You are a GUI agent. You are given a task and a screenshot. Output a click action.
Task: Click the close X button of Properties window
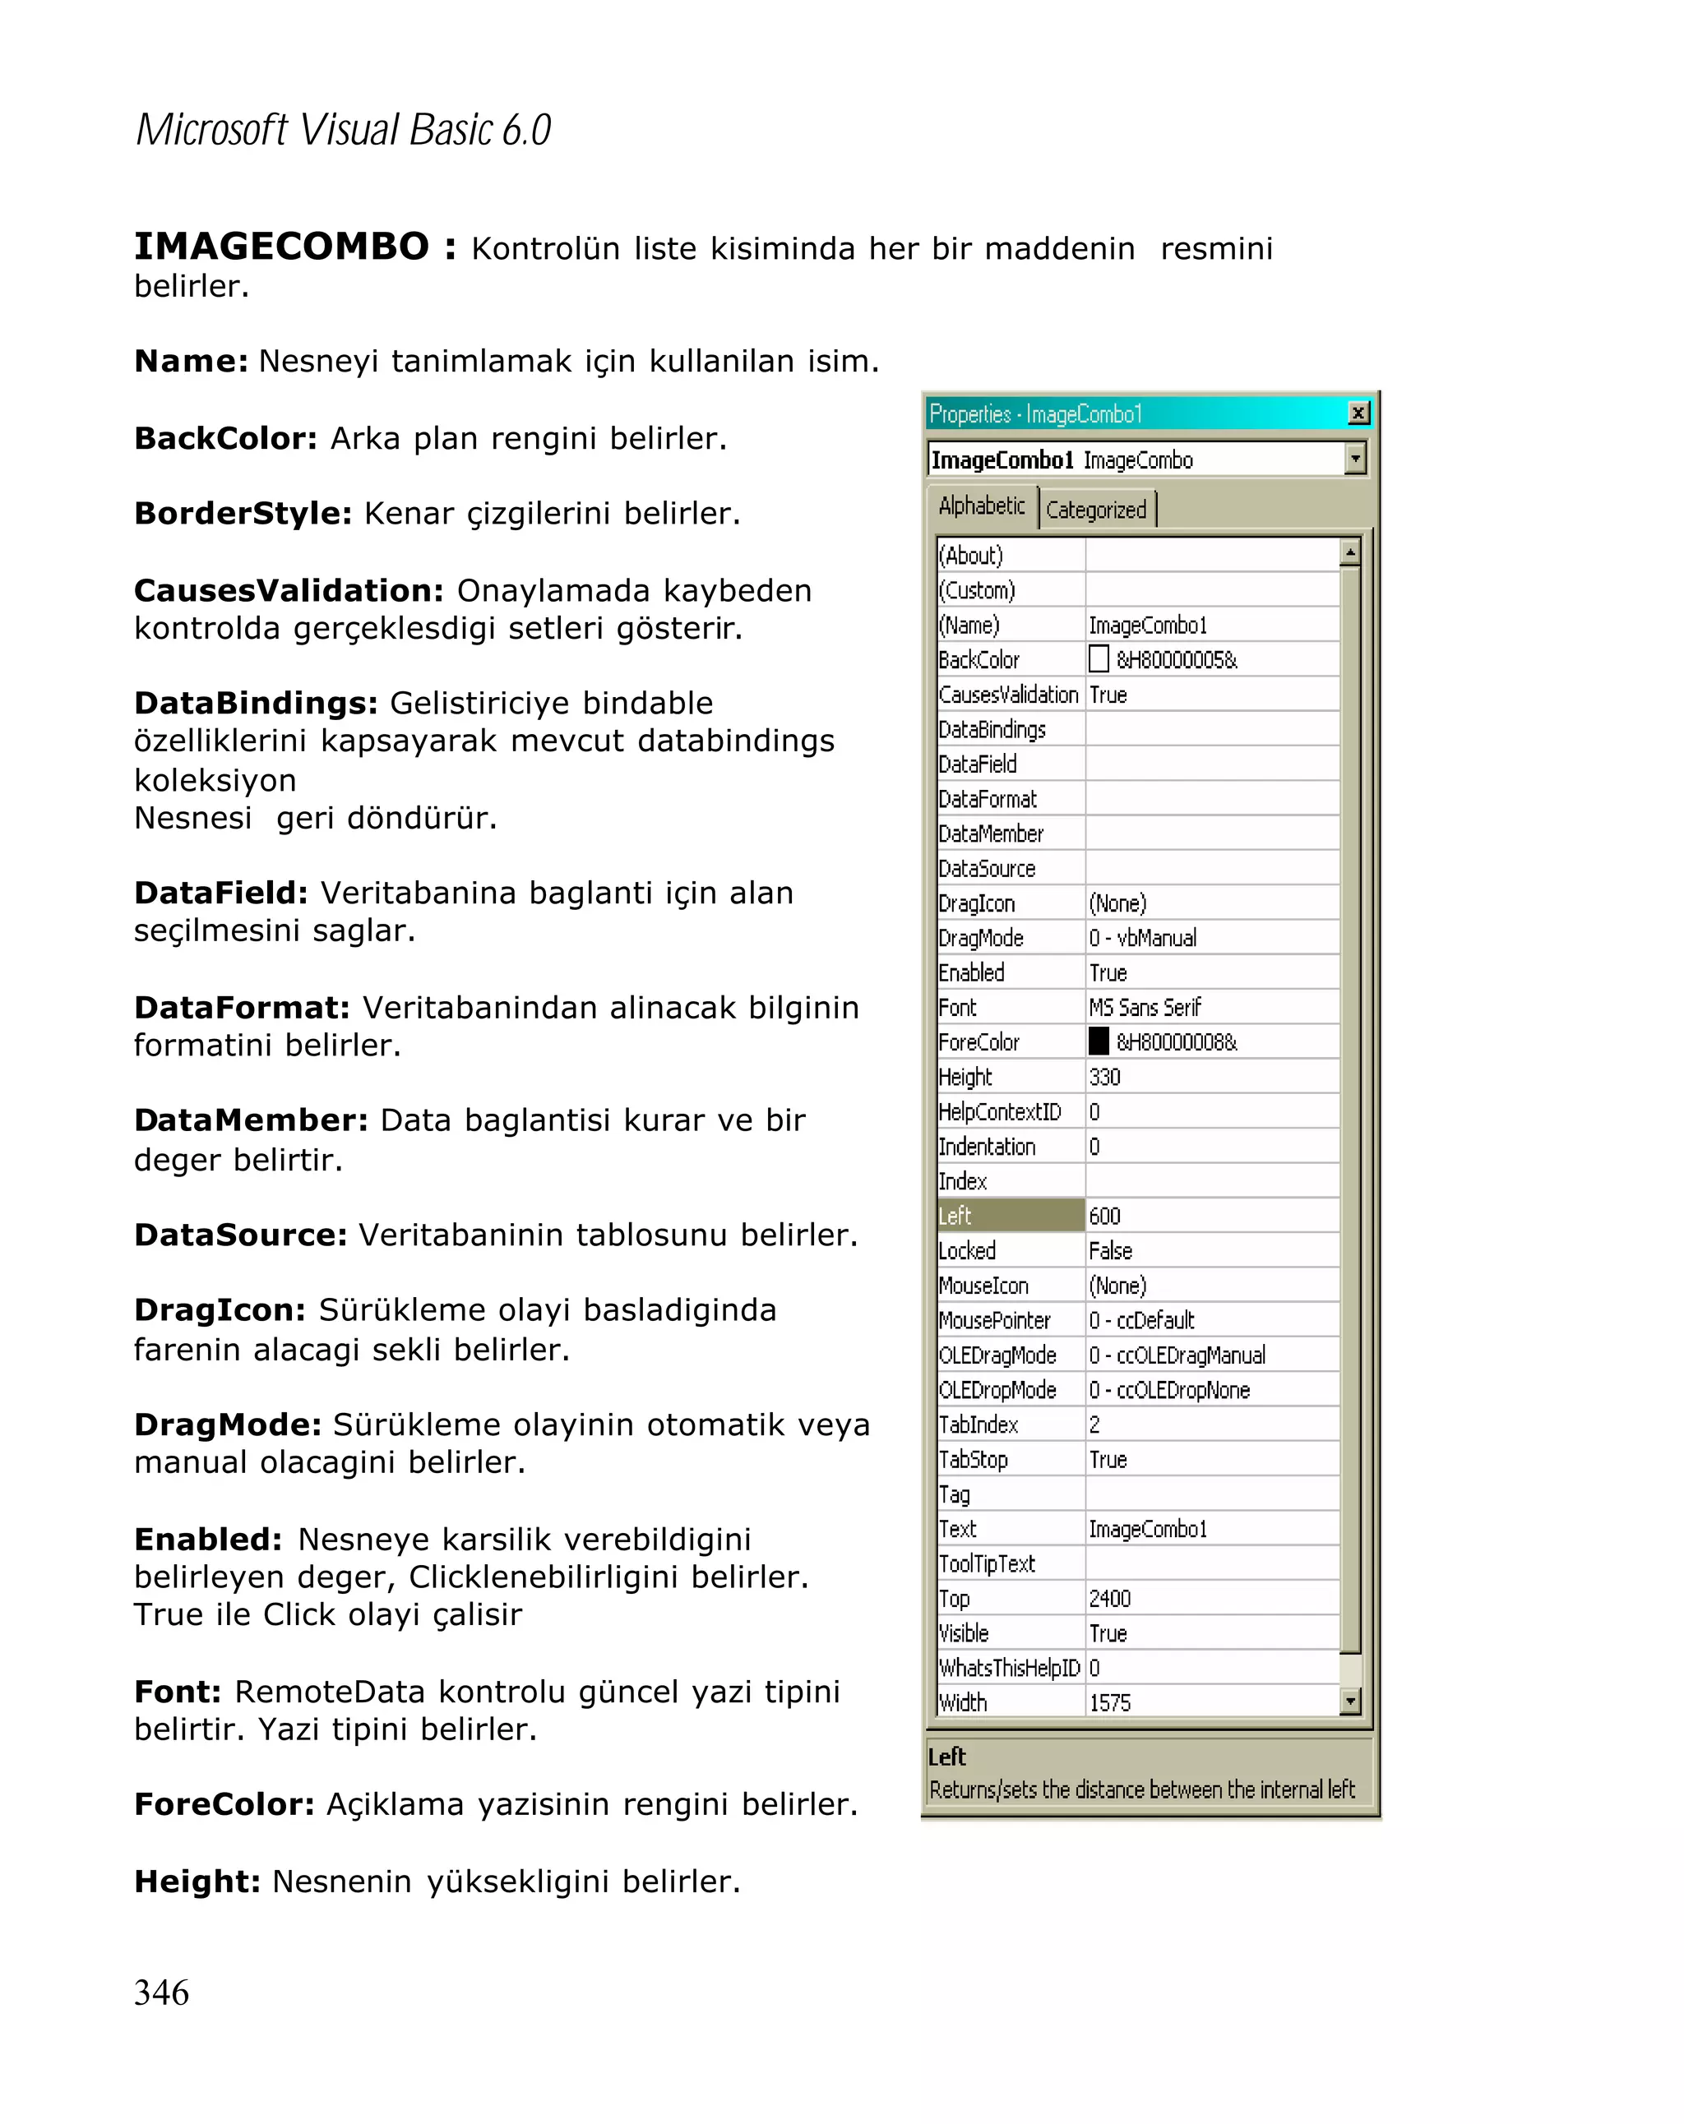click(x=1358, y=413)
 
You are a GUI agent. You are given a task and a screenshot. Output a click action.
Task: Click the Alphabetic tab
click(x=982, y=506)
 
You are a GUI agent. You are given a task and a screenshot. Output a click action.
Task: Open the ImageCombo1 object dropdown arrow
click(x=1356, y=458)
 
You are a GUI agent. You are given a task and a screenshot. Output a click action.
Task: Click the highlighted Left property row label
click(x=1009, y=1216)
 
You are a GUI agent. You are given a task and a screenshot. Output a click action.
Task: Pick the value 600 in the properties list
click(x=1104, y=1216)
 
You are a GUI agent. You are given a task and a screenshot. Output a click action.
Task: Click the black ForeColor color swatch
click(x=1099, y=1041)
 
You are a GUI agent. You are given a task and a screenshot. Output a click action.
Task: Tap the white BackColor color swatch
click(x=1099, y=658)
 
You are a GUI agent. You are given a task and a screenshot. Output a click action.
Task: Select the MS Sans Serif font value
click(x=1144, y=1007)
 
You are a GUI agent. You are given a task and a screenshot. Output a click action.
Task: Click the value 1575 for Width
click(x=1109, y=1702)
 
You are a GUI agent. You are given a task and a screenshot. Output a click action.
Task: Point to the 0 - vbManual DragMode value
click(x=1142, y=938)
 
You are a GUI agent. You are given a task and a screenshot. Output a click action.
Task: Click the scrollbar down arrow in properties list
click(x=1350, y=1701)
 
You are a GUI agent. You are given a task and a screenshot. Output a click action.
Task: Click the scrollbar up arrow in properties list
click(x=1350, y=552)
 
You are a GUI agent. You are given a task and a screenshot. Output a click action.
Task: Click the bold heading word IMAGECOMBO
click(x=282, y=247)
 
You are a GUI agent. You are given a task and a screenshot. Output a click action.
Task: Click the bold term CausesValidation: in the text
click(x=289, y=590)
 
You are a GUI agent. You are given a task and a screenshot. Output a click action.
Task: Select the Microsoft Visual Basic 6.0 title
click(x=343, y=130)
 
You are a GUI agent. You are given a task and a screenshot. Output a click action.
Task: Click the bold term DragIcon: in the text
click(x=220, y=1309)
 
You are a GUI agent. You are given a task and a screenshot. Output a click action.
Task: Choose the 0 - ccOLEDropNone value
click(x=1168, y=1390)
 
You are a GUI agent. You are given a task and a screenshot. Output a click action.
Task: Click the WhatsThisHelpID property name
click(x=1009, y=1668)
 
